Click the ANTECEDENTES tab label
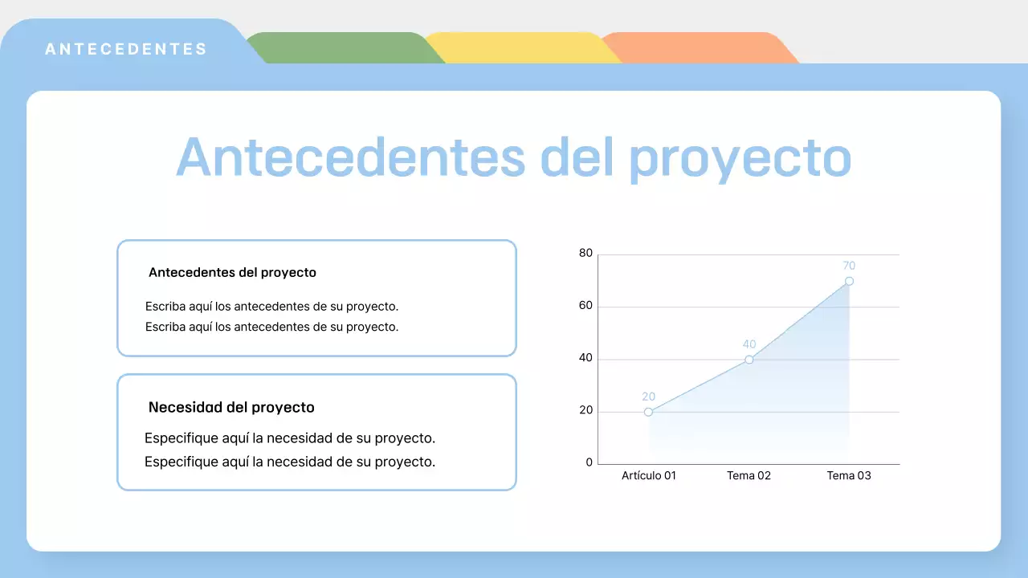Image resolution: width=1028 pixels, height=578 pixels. (126, 49)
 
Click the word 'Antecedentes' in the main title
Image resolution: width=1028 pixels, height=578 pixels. (350, 158)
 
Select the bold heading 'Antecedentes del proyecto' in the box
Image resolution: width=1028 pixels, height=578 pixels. (232, 273)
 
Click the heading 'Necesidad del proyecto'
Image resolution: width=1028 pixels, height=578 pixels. (231, 408)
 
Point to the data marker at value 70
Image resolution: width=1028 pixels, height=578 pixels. (849, 281)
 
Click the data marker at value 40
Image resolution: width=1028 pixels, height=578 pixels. (749, 360)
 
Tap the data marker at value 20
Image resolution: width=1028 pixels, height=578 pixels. (648, 412)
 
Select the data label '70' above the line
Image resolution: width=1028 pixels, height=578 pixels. (849, 266)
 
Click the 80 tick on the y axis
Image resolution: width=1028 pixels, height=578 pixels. (585, 254)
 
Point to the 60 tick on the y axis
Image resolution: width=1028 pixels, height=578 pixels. (585, 306)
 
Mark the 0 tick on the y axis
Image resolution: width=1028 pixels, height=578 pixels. (589, 462)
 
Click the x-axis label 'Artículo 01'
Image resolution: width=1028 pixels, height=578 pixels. (649, 476)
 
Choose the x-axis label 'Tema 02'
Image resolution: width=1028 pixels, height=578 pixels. (749, 476)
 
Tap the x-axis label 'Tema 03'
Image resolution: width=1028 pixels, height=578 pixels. (849, 476)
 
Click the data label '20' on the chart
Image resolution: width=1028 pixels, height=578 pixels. (648, 397)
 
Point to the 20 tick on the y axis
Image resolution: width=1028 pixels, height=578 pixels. (585, 410)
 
